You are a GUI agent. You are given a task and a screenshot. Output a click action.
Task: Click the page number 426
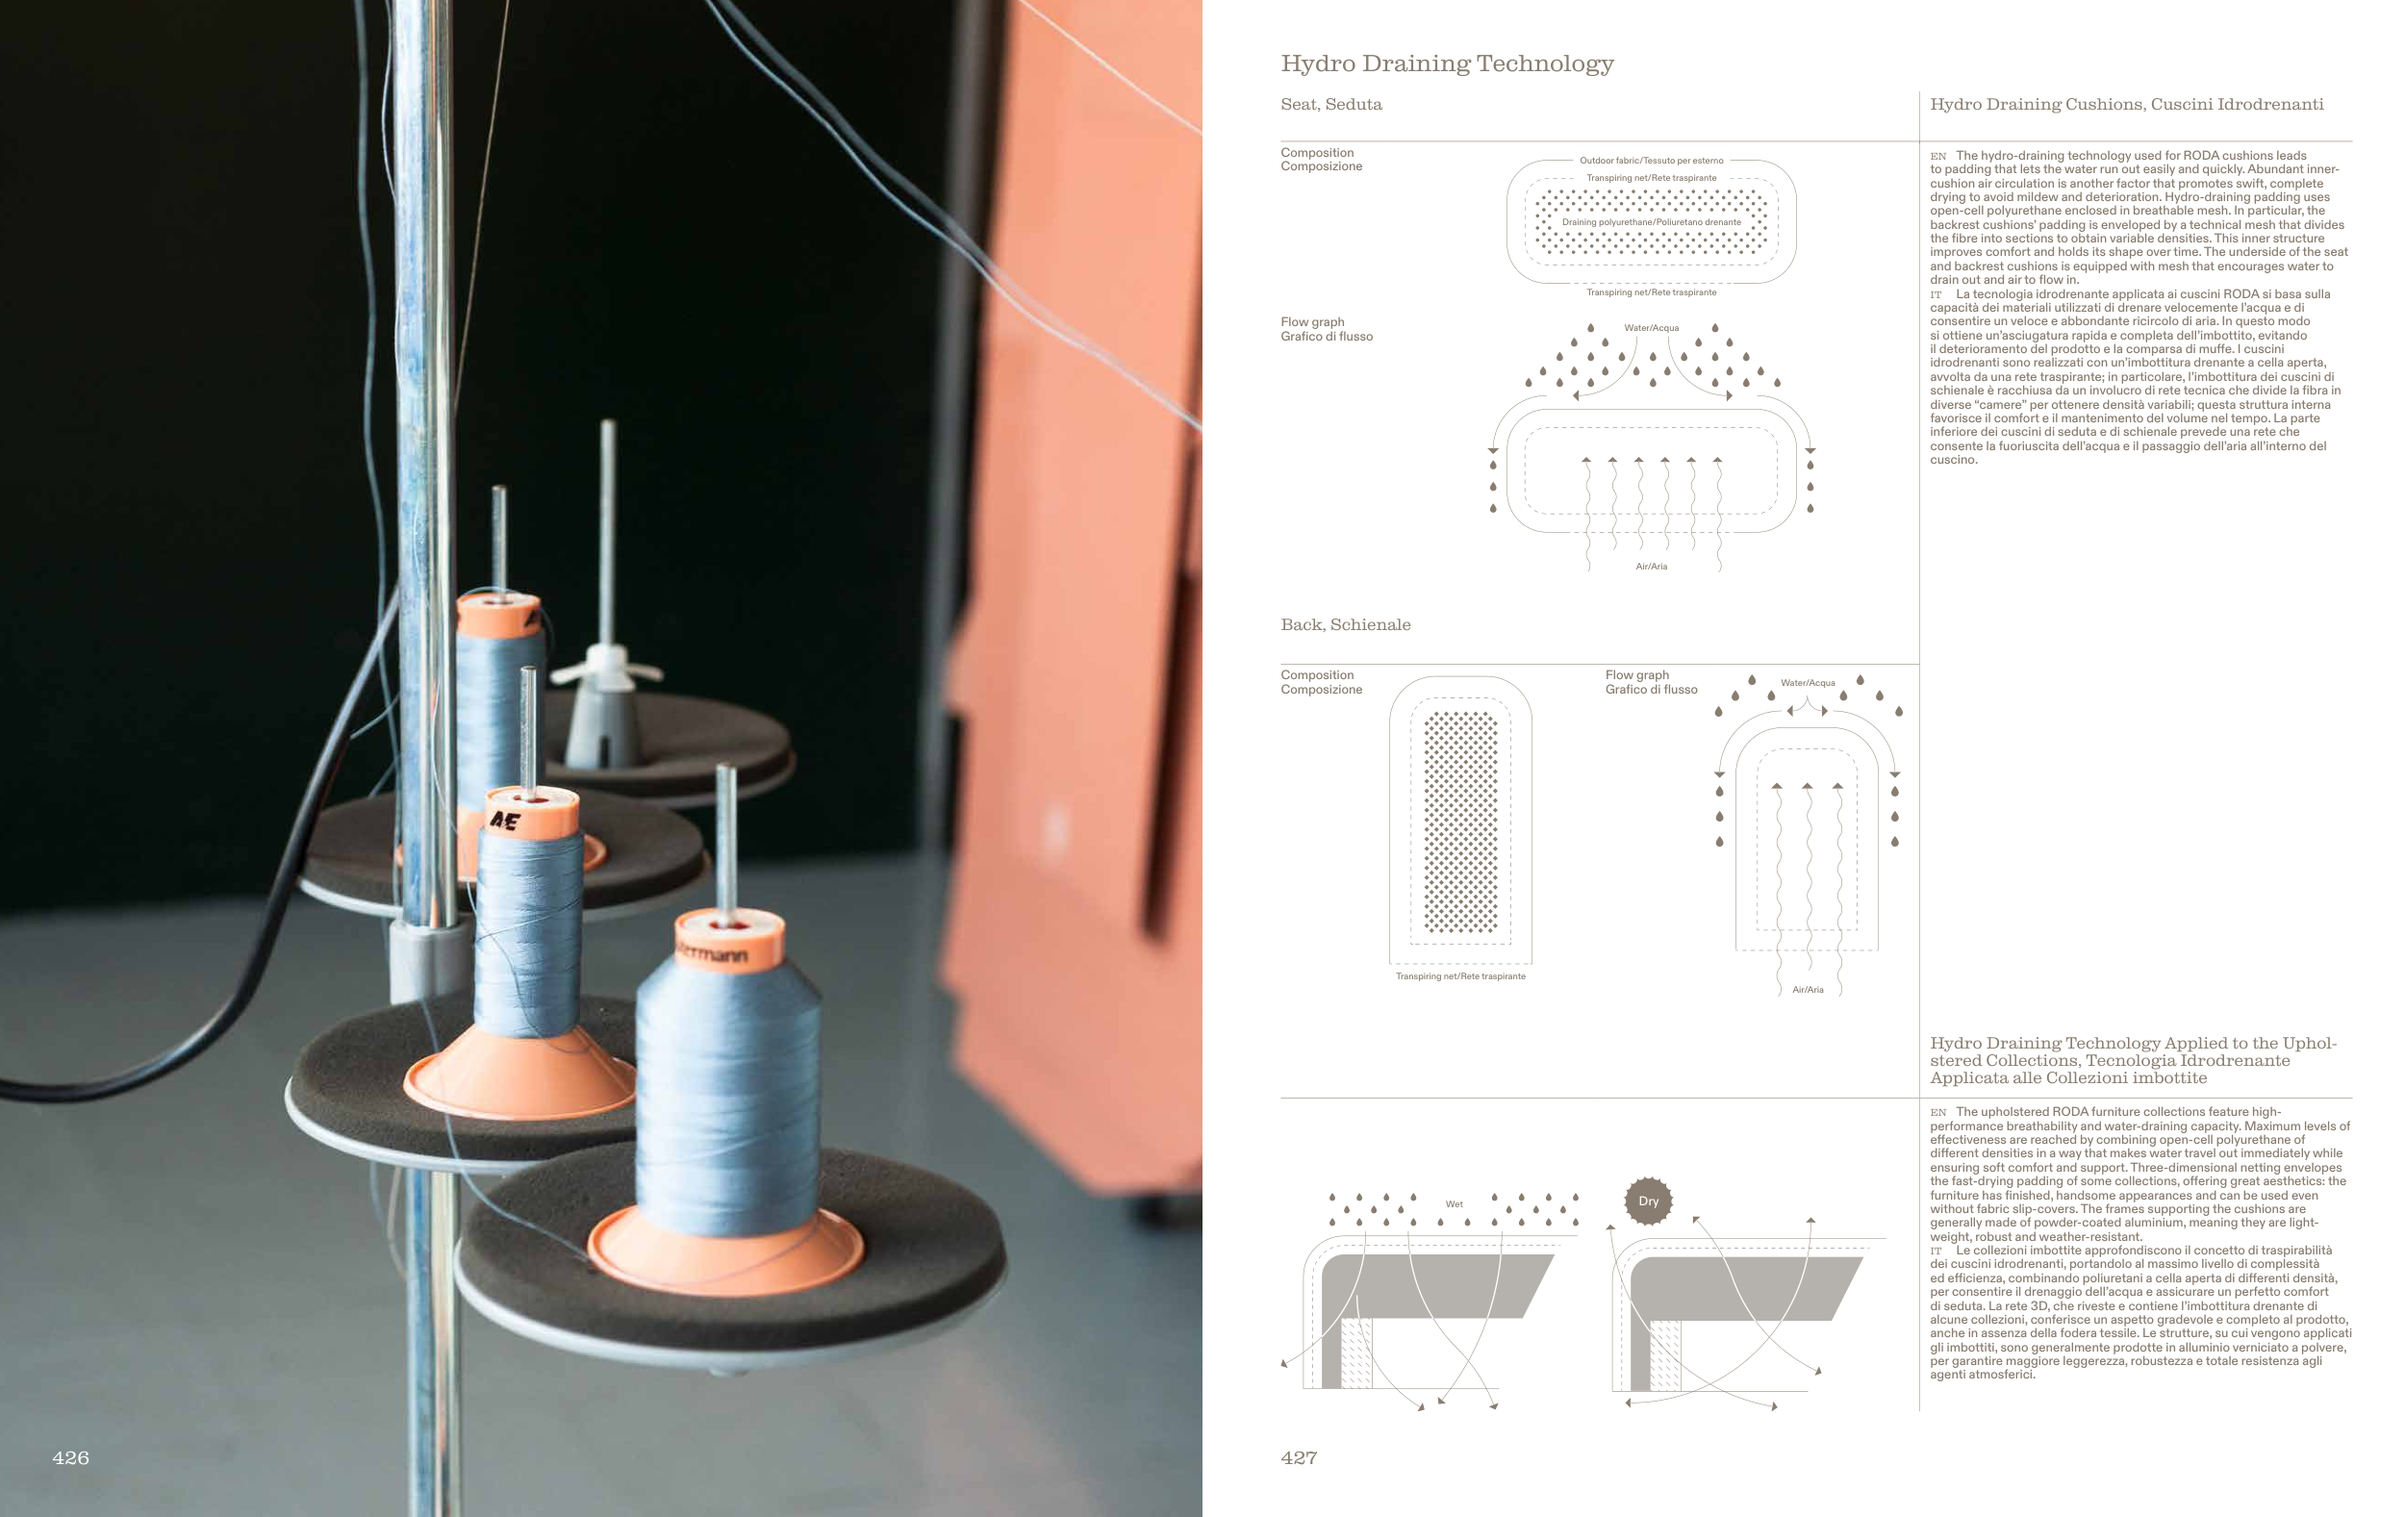[x=70, y=1458]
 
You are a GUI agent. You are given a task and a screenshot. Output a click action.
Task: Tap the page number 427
[x=1299, y=1458]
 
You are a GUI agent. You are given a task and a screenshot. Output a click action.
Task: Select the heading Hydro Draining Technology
[x=1447, y=63]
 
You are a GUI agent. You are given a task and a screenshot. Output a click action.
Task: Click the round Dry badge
[x=1648, y=1201]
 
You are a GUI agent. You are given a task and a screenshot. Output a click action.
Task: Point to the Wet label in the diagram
[x=1455, y=1204]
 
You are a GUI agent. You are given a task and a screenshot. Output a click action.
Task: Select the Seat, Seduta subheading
[x=1331, y=104]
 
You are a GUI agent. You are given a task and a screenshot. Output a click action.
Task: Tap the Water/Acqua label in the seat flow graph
[x=1651, y=328]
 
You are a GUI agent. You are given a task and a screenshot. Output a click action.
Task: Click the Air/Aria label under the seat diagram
[x=1651, y=567]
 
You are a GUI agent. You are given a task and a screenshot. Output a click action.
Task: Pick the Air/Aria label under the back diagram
[x=1808, y=990]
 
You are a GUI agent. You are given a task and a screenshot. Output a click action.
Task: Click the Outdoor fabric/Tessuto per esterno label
[x=1651, y=161]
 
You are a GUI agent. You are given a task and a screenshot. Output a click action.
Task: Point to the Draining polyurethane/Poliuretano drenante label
[x=1651, y=223]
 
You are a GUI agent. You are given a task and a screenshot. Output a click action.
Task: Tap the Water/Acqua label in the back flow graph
[x=1808, y=683]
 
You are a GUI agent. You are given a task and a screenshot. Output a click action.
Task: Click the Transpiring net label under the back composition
[x=1460, y=976]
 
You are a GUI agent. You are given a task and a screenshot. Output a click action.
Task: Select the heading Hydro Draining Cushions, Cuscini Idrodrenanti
[x=2126, y=105]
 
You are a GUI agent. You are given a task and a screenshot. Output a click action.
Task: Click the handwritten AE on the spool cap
[x=504, y=821]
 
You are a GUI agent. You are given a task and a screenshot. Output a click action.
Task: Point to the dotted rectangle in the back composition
[x=1460, y=822]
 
